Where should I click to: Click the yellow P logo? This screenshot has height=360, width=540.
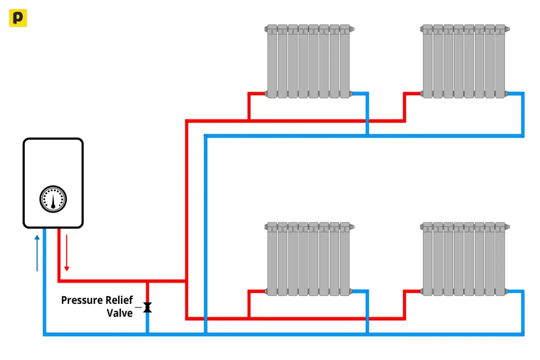coord(18,18)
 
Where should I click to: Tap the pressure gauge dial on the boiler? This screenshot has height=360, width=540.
coord(53,199)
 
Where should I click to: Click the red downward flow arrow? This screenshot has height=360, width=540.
coord(67,253)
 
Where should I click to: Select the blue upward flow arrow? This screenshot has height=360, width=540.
coord(37,253)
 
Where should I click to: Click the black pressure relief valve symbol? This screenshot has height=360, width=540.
coord(148,307)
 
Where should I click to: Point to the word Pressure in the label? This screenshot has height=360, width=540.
coord(82,300)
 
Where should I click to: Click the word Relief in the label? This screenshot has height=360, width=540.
coord(119,300)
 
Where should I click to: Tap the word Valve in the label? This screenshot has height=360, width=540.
coord(119,313)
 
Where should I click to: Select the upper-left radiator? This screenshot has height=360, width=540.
coord(310,61)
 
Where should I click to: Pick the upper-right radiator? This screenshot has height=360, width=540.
coord(465,61)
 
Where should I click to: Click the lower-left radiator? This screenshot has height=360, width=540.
coord(310,259)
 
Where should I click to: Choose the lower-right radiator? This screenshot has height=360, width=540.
coord(465,259)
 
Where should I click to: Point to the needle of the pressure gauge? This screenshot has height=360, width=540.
coord(53,201)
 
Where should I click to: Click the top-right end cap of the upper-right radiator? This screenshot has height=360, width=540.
coord(508,30)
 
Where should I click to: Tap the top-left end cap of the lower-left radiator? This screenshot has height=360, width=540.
coord(266,227)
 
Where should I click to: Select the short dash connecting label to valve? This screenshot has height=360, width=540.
coord(138,307)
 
